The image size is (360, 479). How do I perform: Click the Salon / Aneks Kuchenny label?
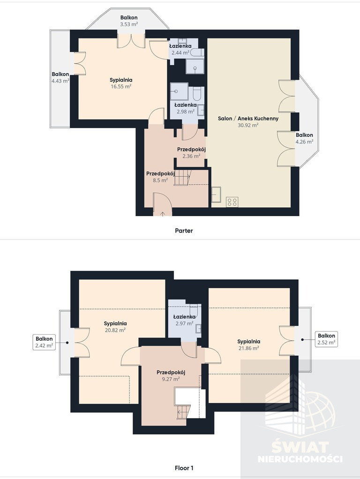point(248,119)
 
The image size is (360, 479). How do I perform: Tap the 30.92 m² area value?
point(248,125)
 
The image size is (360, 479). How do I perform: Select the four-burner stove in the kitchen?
point(232,202)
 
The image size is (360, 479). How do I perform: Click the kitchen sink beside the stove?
point(216,195)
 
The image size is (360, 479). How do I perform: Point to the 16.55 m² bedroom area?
point(121,86)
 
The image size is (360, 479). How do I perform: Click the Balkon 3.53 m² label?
point(128,21)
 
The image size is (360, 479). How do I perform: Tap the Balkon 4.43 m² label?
point(60,78)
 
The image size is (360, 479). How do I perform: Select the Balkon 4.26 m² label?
point(304,138)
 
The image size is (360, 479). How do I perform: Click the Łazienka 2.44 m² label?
point(180,49)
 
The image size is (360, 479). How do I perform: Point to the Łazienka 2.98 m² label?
point(186,108)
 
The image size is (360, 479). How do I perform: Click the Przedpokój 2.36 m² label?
point(191,153)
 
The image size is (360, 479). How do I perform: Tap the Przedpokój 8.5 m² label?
point(160,177)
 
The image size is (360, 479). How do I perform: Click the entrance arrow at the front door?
point(162,213)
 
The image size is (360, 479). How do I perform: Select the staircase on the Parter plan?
point(182,178)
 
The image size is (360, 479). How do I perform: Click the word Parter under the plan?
point(184,231)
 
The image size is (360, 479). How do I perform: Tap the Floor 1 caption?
point(184,468)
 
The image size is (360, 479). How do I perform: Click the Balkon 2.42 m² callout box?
point(45,342)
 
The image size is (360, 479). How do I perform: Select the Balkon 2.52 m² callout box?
point(326,339)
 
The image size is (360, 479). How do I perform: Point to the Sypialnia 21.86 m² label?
point(249,345)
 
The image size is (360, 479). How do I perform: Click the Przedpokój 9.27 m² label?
point(171,376)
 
